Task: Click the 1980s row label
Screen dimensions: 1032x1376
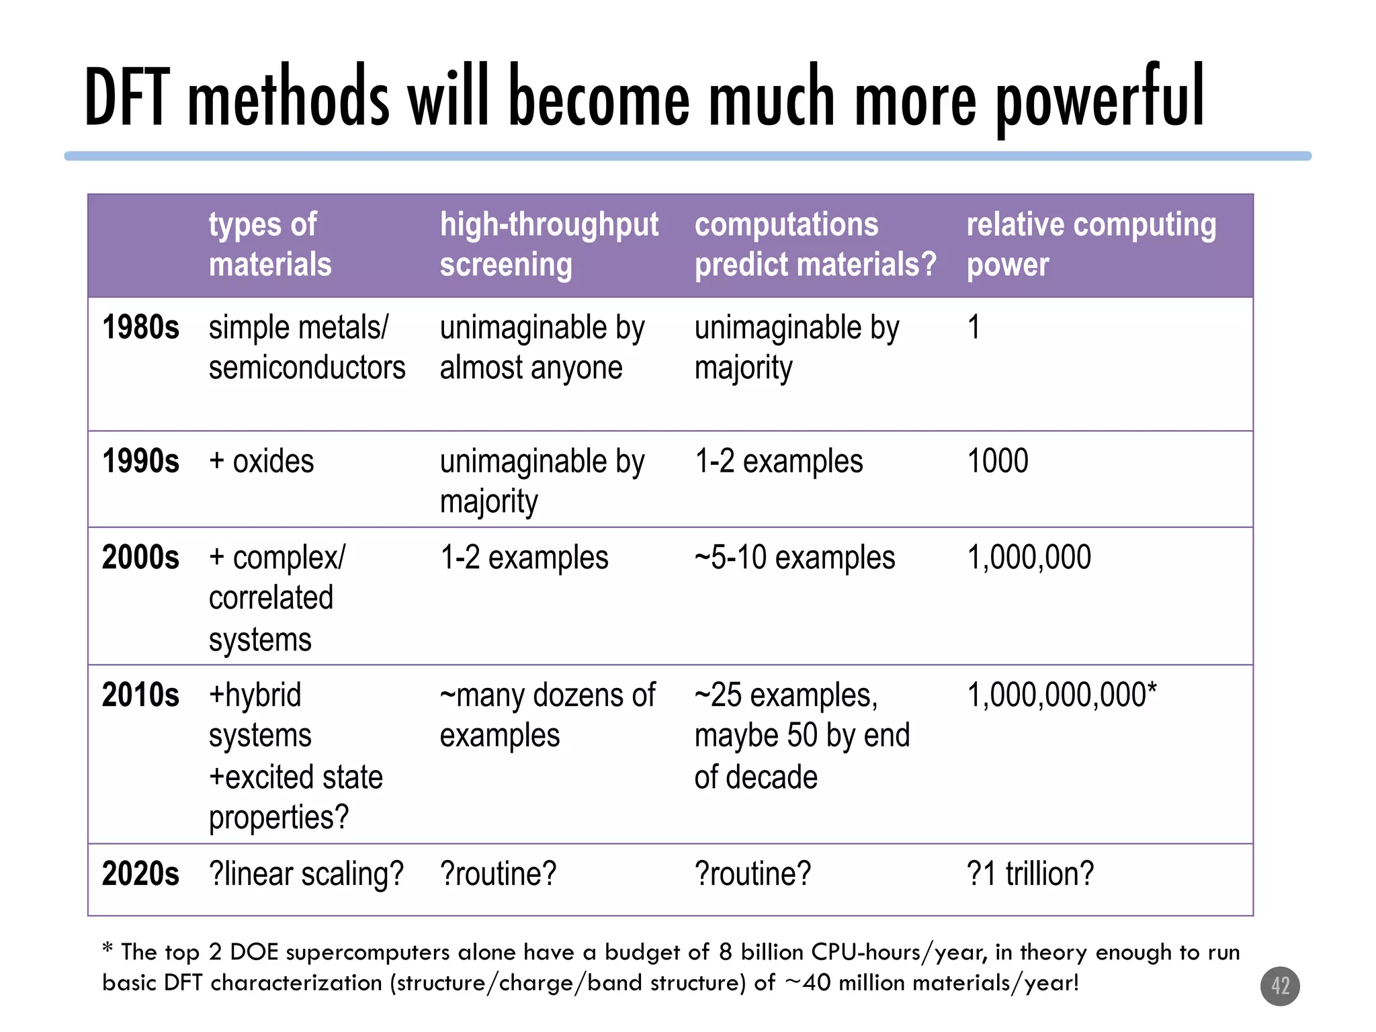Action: (x=140, y=328)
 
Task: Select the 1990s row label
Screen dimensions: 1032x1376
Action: (x=140, y=462)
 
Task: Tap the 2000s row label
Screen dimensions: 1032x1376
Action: (x=140, y=558)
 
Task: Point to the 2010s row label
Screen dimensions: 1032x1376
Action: (x=140, y=695)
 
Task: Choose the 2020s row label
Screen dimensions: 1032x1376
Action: (x=140, y=874)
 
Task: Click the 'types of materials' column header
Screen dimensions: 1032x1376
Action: (x=270, y=244)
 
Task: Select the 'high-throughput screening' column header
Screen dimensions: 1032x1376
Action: (x=549, y=244)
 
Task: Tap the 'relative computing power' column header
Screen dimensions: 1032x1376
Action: (x=1090, y=244)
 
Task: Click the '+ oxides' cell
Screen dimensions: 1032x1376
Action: (x=261, y=462)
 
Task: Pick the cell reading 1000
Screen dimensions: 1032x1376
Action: (x=997, y=462)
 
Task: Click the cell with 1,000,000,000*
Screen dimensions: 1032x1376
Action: (x=1062, y=695)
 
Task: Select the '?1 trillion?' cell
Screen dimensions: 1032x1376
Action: (x=1030, y=874)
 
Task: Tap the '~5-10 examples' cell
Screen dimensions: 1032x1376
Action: (x=795, y=558)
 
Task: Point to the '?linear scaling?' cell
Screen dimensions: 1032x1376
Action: (x=306, y=874)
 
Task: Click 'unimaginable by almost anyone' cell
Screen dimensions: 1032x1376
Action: (x=542, y=348)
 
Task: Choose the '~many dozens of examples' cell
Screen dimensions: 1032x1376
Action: (x=547, y=715)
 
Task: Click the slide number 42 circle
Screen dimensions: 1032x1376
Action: (x=1280, y=986)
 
